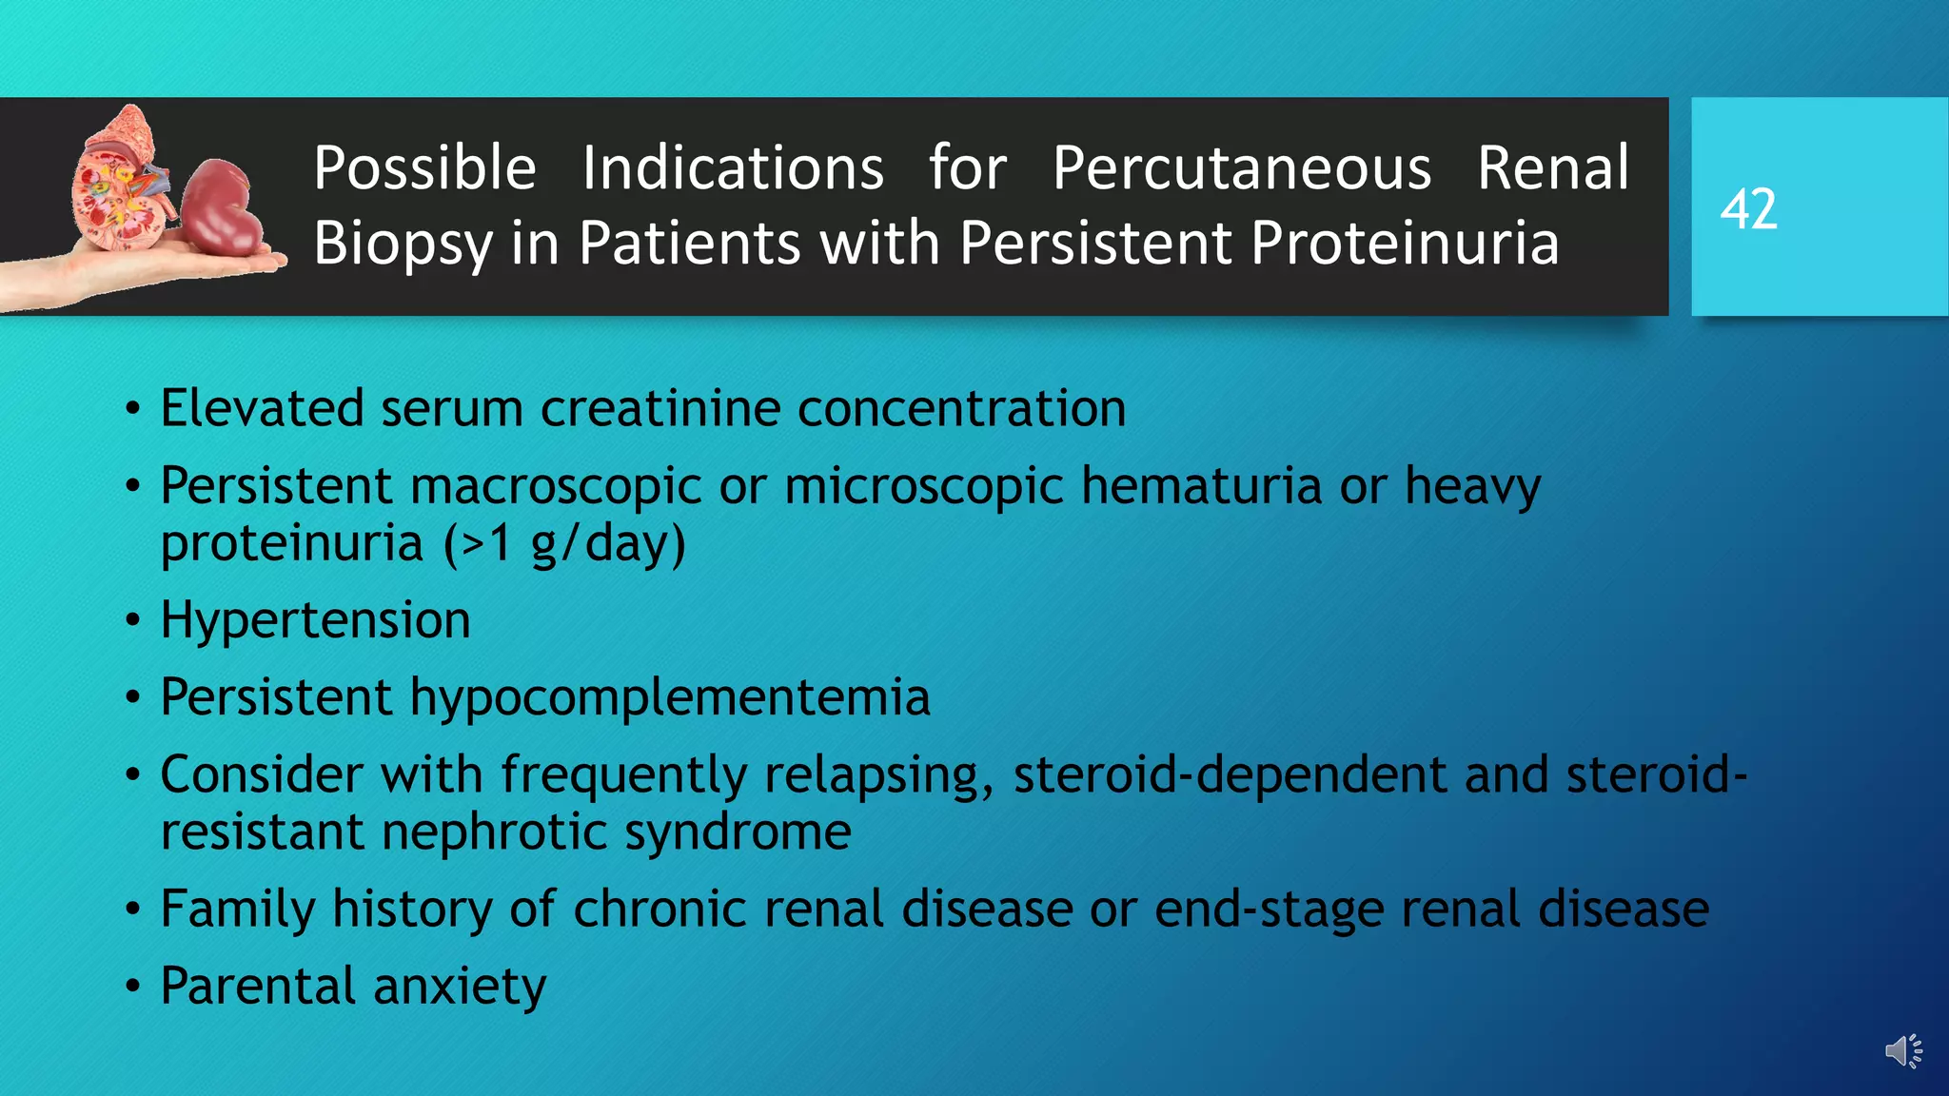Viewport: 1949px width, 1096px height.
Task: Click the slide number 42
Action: (1748, 209)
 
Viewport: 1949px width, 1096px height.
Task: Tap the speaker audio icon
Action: (1903, 1051)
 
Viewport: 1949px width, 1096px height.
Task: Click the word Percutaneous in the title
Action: (1241, 168)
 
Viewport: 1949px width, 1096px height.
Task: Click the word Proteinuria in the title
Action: (1405, 244)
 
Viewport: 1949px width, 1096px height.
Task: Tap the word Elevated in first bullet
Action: (262, 408)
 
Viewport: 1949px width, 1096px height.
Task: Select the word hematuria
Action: (1201, 486)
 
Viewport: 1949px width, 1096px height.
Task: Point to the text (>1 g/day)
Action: (564, 544)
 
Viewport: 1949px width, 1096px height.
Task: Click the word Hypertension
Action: (315, 620)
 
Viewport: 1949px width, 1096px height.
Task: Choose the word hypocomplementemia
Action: (669, 698)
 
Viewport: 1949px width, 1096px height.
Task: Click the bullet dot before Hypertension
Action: (133, 622)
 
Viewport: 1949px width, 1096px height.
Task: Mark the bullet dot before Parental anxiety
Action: (133, 987)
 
